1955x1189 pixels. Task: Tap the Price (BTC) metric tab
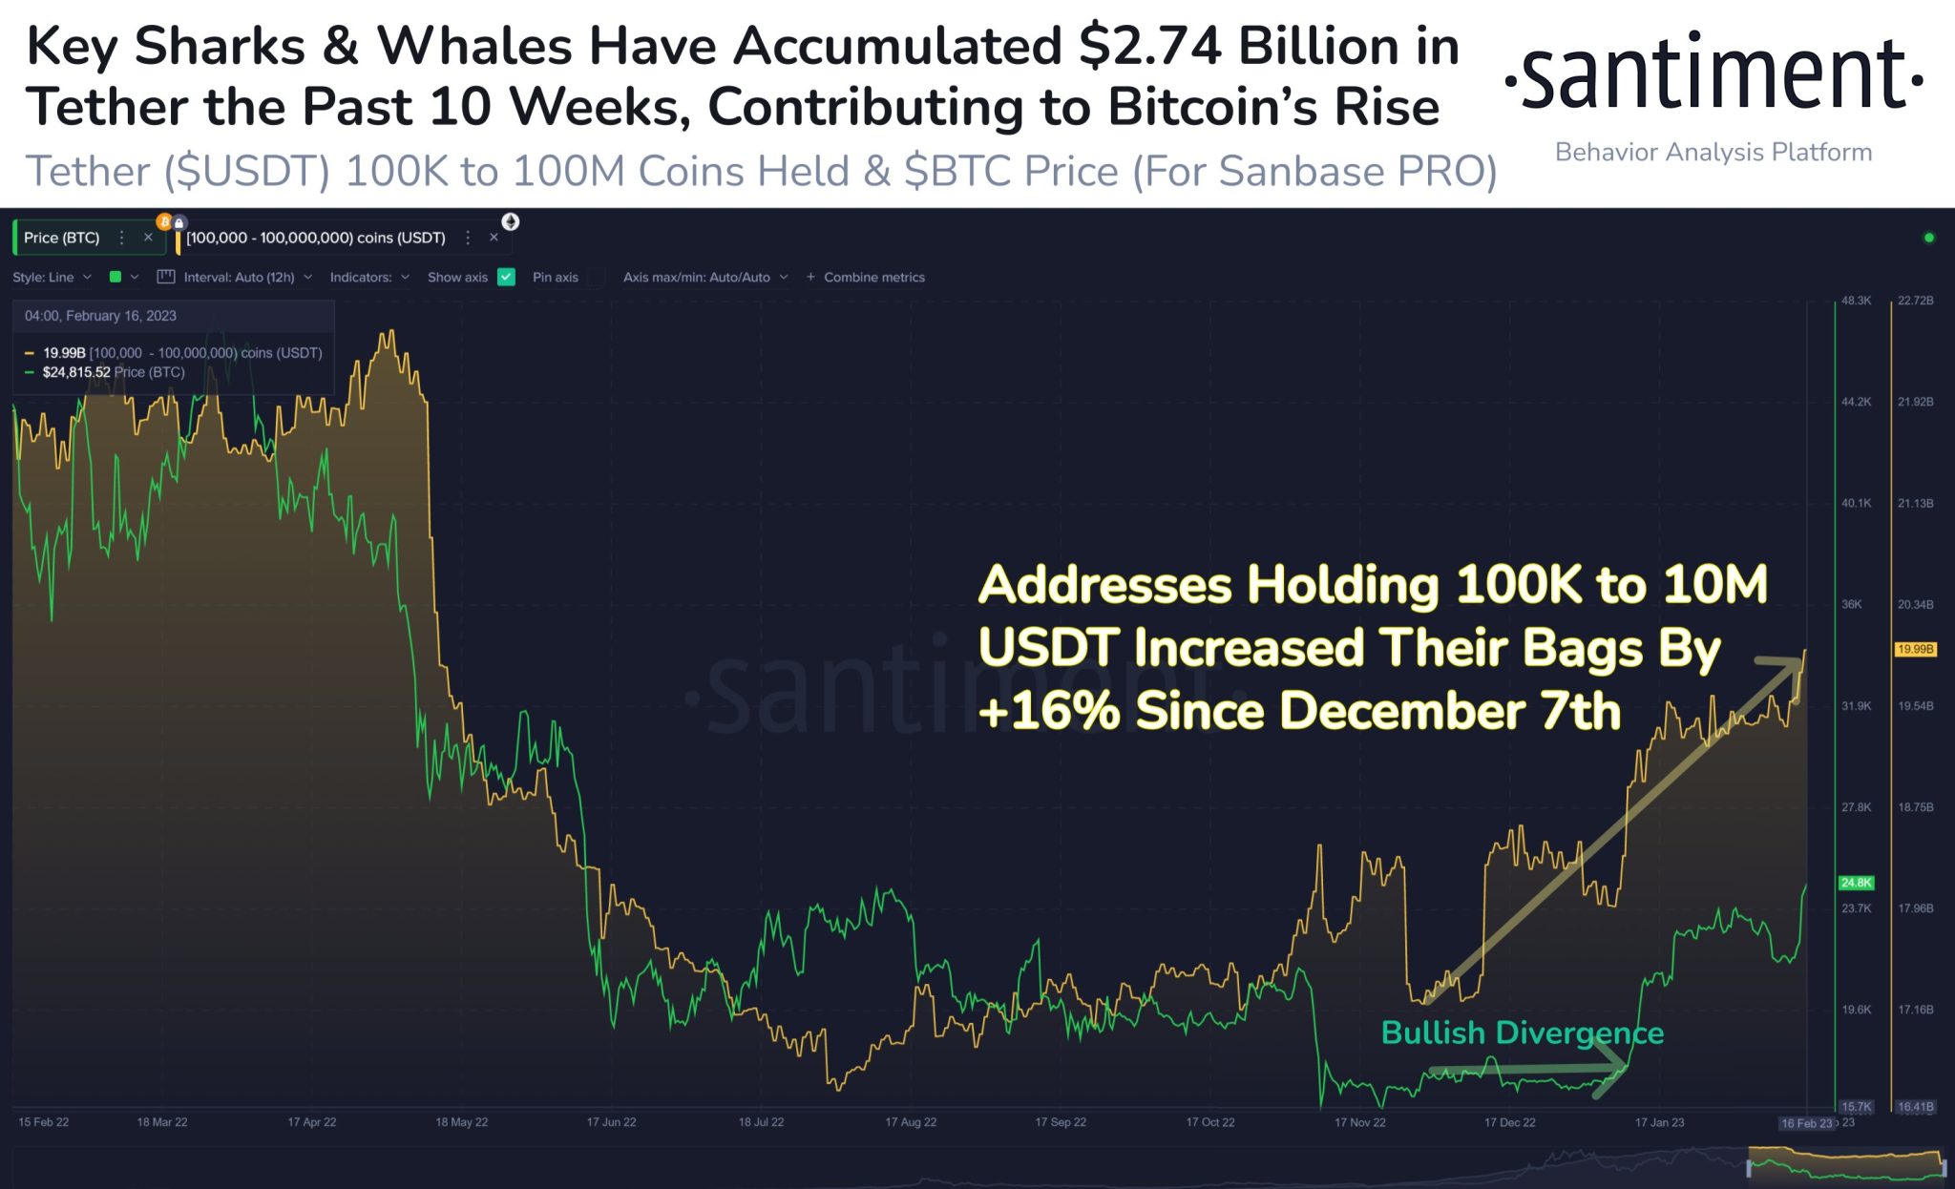(x=62, y=238)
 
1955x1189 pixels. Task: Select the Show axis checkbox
(x=507, y=277)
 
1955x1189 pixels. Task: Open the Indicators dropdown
(x=369, y=277)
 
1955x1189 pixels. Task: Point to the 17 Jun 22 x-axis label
(x=611, y=1122)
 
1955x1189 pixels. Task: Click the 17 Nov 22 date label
(x=1359, y=1122)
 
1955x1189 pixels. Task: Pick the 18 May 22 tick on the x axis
(x=461, y=1122)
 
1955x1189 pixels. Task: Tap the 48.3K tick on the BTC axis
(x=1856, y=301)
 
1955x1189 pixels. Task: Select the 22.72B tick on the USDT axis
(x=1915, y=301)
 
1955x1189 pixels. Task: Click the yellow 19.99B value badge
(x=1915, y=649)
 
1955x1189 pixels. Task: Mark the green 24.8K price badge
(x=1856, y=883)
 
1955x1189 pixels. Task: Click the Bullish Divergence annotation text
(x=1522, y=1033)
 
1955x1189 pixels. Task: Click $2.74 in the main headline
(x=1150, y=46)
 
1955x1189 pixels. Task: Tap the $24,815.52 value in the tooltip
(x=76, y=372)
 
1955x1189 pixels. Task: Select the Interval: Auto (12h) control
(x=239, y=277)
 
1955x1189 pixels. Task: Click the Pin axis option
(x=556, y=277)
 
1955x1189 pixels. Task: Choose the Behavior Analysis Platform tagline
(x=1713, y=153)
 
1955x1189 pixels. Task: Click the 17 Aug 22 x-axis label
(x=911, y=1122)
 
